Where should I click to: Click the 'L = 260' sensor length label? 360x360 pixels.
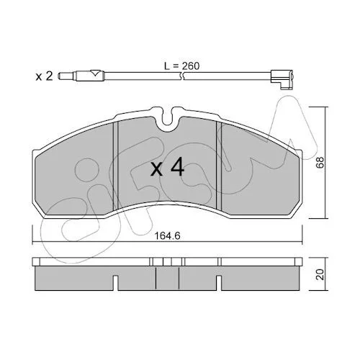pyautogui.click(x=181, y=66)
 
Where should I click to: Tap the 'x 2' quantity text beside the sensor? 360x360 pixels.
pyautogui.click(x=44, y=76)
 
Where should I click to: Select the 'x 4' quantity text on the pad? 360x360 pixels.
pyautogui.click(x=167, y=168)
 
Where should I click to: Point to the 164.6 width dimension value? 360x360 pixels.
pyautogui.click(x=167, y=236)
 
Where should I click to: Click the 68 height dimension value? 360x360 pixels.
pyautogui.click(x=320, y=163)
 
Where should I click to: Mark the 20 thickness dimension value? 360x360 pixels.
pyautogui.click(x=320, y=274)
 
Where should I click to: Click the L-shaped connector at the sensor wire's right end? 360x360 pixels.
pyautogui.click(x=282, y=78)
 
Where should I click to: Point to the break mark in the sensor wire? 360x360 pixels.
pyautogui.click(x=182, y=76)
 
